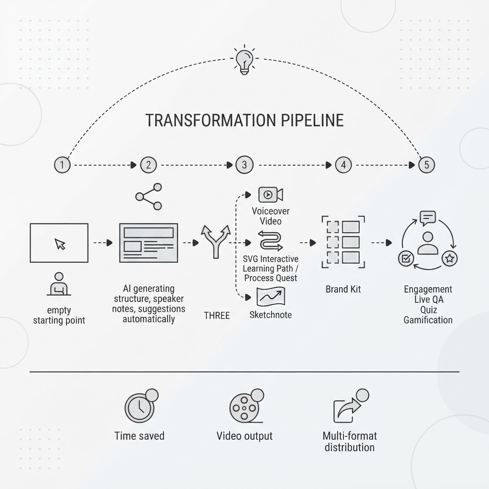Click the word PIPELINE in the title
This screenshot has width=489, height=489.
(x=312, y=120)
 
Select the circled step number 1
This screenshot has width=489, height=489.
(x=62, y=165)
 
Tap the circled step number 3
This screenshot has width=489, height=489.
(x=244, y=165)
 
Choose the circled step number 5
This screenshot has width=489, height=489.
(x=426, y=165)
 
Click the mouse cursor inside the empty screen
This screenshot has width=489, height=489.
(x=60, y=244)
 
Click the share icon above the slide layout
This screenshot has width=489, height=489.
(x=149, y=196)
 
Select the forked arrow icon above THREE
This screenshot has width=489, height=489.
(x=215, y=242)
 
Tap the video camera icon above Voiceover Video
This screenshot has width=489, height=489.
(x=271, y=195)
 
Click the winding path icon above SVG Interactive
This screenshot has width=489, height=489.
(x=271, y=241)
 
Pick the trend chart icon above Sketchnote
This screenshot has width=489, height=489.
(x=271, y=297)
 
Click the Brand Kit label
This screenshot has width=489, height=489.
(x=343, y=289)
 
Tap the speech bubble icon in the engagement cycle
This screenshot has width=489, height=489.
(x=427, y=218)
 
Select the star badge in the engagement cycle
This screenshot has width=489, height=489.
(x=449, y=258)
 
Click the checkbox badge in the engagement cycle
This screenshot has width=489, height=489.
(x=406, y=258)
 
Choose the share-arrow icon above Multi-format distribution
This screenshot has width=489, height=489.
(x=351, y=406)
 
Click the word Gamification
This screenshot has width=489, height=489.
(x=428, y=320)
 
